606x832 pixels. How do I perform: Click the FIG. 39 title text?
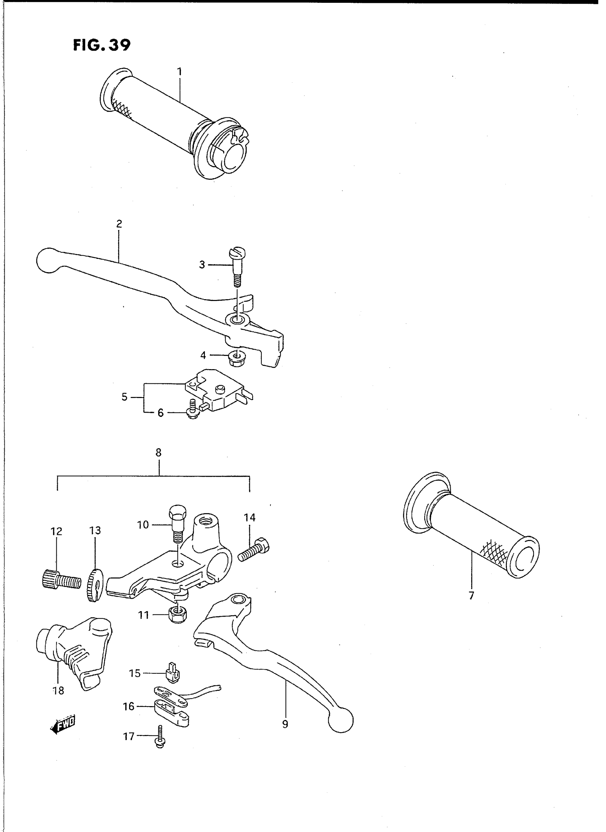[x=102, y=45]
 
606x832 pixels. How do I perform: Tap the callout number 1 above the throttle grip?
[x=179, y=72]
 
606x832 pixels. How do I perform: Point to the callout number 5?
[x=124, y=397]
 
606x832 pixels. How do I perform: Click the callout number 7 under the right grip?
[x=471, y=595]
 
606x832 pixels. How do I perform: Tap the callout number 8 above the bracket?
[x=158, y=453]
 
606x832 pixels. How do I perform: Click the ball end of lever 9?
[x=341, y=720]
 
